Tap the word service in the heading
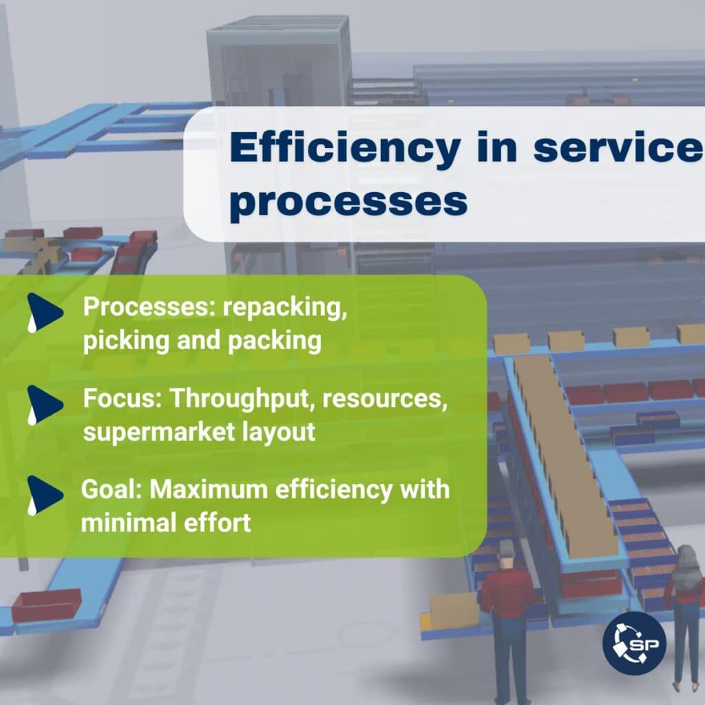(619, 148)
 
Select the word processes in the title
(348, 202)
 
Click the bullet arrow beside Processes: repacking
(45, 312)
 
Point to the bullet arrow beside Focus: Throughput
(45, 404)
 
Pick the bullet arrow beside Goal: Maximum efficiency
(45, 495)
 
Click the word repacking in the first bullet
(285, 308)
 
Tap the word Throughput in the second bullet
(242, 399)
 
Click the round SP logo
(634, 643)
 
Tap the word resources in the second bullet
(385, 399)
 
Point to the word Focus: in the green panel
(123, 399)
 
